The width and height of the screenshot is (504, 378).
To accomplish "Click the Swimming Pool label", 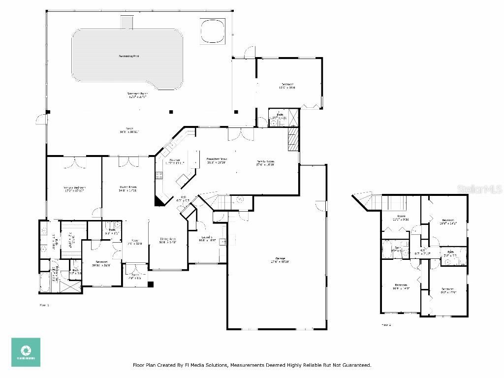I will click(128, 56).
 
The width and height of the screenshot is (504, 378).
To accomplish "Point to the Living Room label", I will click(127, 187).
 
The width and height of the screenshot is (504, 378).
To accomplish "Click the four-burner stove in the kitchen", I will click(159, 175).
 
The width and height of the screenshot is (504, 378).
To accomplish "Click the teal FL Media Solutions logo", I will click(26, 352).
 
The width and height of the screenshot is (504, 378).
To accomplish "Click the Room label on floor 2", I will click(401, 217).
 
